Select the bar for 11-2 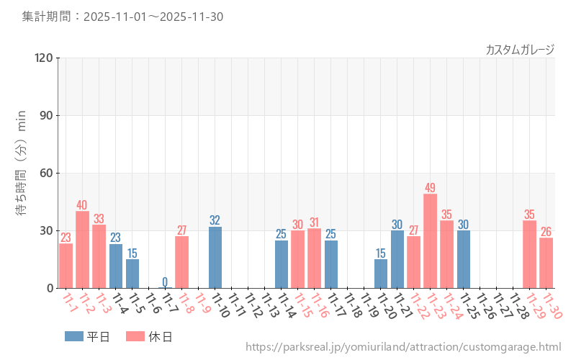[x=82, y=249]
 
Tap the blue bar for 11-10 [x=215, y=257]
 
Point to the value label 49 [x=430, y=188]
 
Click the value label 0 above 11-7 [x=165, y=282]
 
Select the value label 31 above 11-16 [x=314, y=222]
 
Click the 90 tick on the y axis [x=46, y=115]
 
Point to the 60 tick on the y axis [x=46, y=173]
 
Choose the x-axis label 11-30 [x=552, y=306]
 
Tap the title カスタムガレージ [x=520, y=49]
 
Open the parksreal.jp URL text [x=403, y=347]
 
